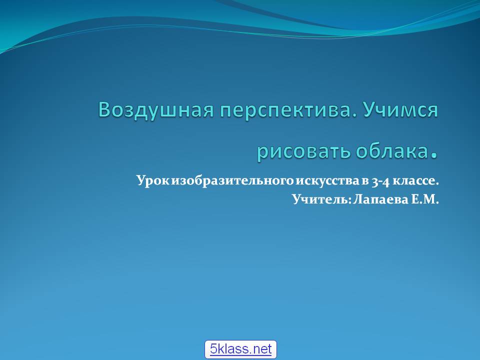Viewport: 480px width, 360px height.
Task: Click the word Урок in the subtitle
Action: [153, 180]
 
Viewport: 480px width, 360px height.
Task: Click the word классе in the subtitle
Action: [415, 180]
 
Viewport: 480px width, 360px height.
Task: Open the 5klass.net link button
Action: [240, 349]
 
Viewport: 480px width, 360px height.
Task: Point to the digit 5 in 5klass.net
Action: [213, 349]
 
